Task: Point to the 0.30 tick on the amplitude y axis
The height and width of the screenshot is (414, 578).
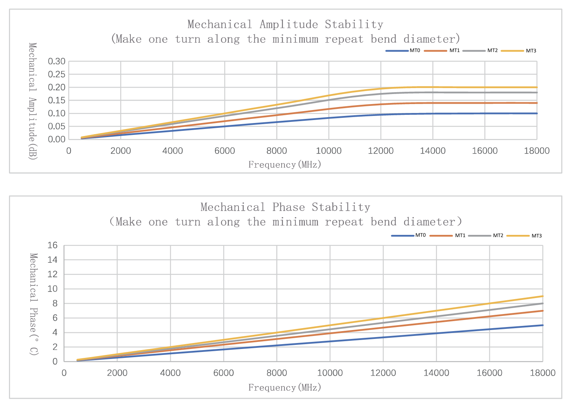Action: tap(56, 61)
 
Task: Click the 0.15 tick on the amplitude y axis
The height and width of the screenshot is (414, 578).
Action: tap(56, 100)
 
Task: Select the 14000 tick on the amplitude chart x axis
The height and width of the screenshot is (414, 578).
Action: tap(433, 151)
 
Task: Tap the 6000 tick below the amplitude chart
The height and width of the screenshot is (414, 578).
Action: tap(225, 151)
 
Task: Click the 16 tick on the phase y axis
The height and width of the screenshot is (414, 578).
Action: tap(53, 245)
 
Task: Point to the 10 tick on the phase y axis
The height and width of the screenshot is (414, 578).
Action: tap(53, 289)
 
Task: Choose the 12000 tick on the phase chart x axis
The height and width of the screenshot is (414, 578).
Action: tap(383, 373)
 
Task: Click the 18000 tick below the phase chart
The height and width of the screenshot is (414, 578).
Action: tap(542, 373)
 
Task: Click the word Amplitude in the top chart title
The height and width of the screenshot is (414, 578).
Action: tap(289, 25)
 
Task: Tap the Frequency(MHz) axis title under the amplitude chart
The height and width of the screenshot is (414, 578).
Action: tap(285, 164)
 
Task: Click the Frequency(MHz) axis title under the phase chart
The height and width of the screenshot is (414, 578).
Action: tap(285, 387)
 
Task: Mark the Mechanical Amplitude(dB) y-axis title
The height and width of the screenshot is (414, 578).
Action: tap(33, 101)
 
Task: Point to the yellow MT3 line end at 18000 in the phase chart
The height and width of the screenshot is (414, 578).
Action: tap(542, 296)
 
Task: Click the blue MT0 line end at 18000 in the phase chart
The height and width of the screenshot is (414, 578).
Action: tap(542, 325)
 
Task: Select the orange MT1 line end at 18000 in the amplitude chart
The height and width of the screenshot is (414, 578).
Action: tap(536, 103)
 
